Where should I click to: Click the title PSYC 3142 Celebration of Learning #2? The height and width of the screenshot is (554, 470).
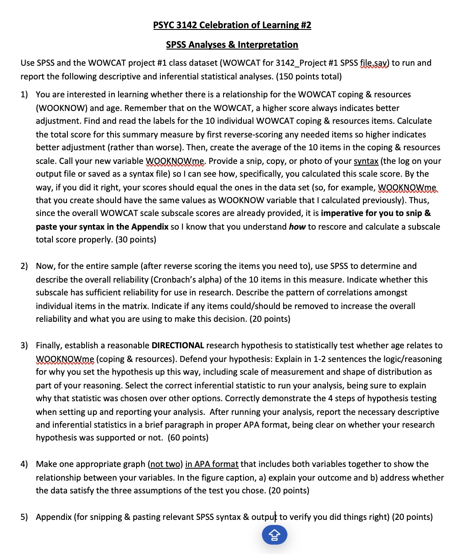coord(232,25)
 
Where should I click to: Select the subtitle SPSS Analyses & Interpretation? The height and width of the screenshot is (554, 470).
coord(232,45)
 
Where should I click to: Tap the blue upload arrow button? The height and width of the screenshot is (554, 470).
coord(274,535)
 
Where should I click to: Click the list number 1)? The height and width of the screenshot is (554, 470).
coord(24,95)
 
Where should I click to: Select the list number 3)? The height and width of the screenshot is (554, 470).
coord(24,346)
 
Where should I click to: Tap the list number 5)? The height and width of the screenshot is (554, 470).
coord(24,517)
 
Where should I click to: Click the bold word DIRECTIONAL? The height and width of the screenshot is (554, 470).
coord(178,346)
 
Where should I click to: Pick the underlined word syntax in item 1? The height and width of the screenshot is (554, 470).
coord(366,161)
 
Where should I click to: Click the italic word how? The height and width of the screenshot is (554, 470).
coord(297,227)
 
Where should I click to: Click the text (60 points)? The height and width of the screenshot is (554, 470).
coord(188,438)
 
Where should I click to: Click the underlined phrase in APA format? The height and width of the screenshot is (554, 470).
coord(212,464)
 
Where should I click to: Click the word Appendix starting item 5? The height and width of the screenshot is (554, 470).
coord(54,517)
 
